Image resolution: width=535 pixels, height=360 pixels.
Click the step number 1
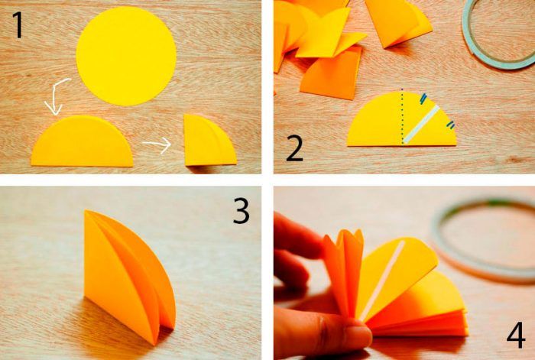18,24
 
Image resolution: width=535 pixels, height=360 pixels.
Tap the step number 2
295,148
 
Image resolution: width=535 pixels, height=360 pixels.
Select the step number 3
242,211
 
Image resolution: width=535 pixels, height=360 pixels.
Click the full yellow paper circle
126,56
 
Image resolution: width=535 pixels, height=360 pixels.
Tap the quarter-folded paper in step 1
208,141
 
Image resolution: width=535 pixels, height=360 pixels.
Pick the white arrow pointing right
157,144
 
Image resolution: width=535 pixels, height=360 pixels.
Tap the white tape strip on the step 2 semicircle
422,125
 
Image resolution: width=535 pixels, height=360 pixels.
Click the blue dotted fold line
402,117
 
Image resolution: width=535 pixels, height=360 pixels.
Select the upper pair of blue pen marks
423,99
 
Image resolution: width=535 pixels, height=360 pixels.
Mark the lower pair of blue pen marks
451,125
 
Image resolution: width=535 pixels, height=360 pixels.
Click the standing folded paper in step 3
129,276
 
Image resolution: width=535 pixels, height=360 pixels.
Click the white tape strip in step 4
382,281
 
